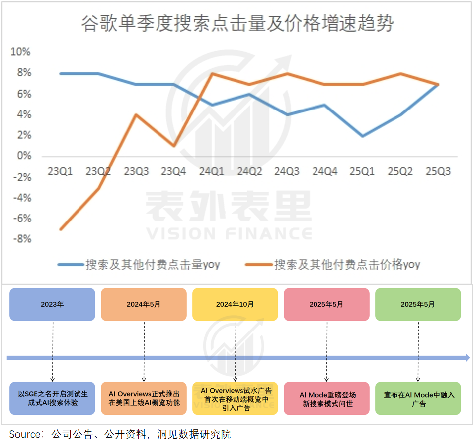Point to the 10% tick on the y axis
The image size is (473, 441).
click(21, 52)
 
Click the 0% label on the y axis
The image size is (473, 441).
click(23, 156)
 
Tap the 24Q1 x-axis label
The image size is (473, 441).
click(212, 172)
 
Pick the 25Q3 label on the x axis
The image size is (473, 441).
click(438, 172)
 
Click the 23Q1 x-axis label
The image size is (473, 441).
click(60, 172)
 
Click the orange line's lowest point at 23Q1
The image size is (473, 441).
click(60, 229)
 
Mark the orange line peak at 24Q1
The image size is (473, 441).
click(212, 73)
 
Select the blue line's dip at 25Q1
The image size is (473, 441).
click(363, 136)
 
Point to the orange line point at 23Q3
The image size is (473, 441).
click(136, 115)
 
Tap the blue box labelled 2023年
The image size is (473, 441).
click(52, 304)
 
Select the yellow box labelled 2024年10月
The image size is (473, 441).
click(235, 304)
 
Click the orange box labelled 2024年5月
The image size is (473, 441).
click(144, 304)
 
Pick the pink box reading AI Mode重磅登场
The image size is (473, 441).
click(327, 399)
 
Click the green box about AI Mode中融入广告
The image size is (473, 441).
click(418, 399)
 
